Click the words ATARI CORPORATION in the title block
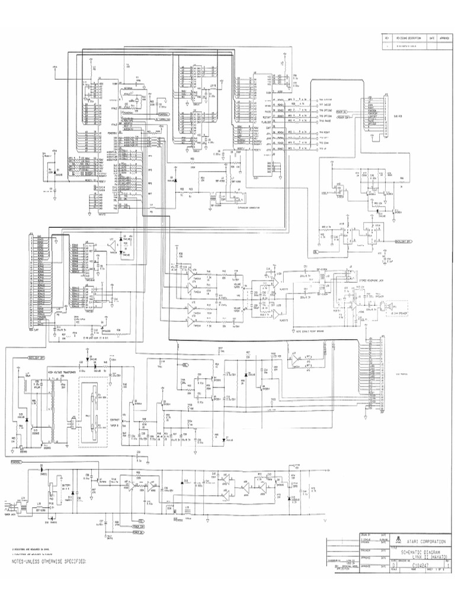click(x=425, y=541)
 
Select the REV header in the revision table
click(x=386, y=38)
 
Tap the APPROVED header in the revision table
click(x=446, y=38)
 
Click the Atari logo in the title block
click(x=399, y=540)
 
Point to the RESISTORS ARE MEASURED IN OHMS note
click(x=30, y=548)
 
